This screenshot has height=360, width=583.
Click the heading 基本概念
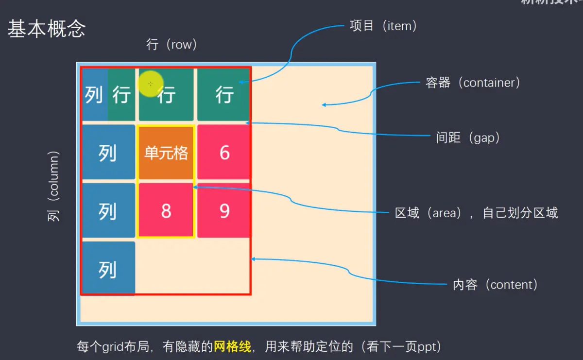point(46,29)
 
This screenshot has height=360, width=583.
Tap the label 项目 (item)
point(383,26)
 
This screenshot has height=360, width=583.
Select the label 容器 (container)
point(472,83)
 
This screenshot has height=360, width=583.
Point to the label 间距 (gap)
point(468,138)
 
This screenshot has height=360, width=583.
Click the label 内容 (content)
point(495,285)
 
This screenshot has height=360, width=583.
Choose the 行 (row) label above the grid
point(171,45)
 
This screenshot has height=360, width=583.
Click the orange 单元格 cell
point(166,153)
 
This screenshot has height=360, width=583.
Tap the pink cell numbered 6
point(224,153)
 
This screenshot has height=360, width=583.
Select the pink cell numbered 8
point(166,211)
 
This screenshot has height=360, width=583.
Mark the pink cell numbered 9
point(224,211)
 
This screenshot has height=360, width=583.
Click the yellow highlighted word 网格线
point(232,347)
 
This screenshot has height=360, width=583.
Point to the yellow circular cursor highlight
point(150,84)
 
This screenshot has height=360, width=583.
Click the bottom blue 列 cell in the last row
point(107,269)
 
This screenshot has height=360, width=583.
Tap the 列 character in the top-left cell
point(94,95)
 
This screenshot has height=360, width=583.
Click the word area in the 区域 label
point(444,213)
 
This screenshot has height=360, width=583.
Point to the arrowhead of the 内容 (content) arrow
point(253,259)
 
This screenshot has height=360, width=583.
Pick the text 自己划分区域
point(520,213)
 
